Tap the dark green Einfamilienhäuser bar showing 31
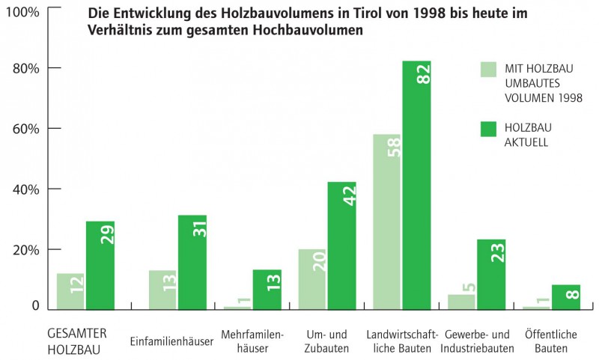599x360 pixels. click(192, 262)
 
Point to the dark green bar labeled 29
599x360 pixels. click(100, 265)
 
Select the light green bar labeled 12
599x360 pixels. click(70, 291)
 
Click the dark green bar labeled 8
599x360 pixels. click(566, 296)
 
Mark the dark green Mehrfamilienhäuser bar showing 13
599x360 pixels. click(267, 289)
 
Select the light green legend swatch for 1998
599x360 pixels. click(488, 70)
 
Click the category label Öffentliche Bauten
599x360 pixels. click(550, 341)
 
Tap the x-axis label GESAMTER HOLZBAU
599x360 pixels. click(74, 341)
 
